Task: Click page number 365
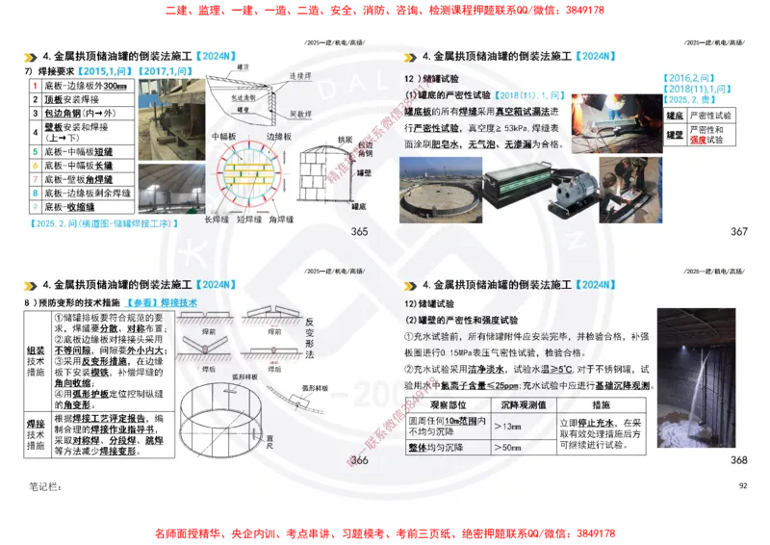[360, 232]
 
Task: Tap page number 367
[739, 232]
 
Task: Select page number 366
[360, 461]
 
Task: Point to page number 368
[739, 461]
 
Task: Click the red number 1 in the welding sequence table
[35, 87]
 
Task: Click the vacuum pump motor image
[574, 188]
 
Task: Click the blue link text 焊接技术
[178, 302]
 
